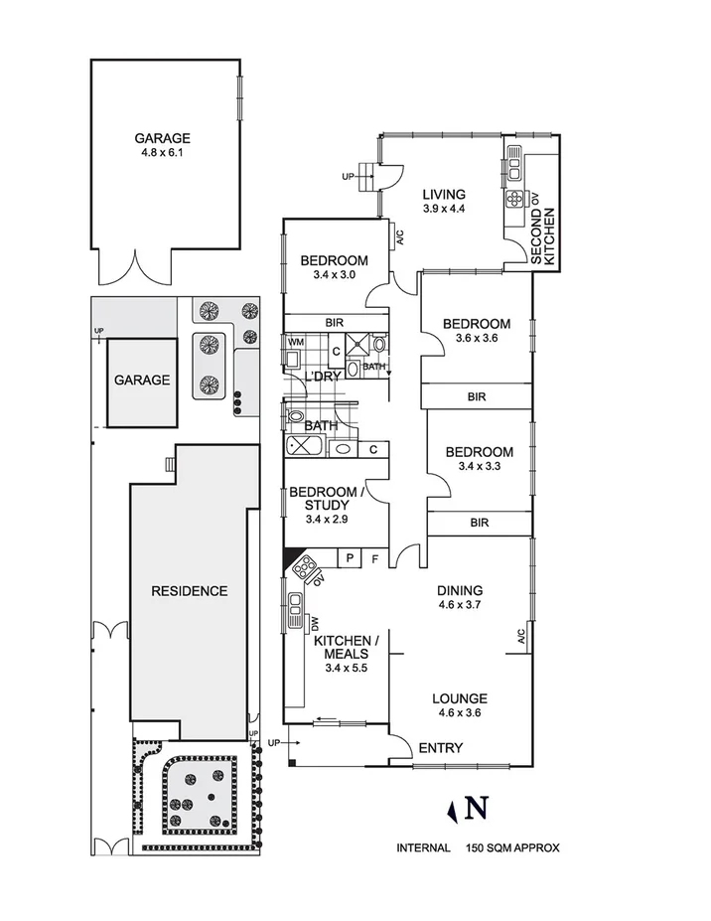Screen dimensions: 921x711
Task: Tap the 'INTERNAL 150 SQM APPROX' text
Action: tap(479, 847)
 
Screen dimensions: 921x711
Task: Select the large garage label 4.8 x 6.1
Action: tap(164, 146)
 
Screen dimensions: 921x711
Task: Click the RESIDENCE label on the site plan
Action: tap(189, 590)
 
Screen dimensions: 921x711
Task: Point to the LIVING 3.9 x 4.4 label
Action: tap(443, 201)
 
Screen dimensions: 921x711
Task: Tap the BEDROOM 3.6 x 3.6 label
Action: tap(477, 331)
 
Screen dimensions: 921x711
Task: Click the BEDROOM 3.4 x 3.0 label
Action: tap(334, 267)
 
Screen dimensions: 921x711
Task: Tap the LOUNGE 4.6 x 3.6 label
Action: tap(460, 704)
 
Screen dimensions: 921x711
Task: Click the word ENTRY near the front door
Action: tap(441, 747)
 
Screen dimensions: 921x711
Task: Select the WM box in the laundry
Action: tap(295, 342)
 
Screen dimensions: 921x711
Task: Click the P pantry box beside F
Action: tap(350, 559)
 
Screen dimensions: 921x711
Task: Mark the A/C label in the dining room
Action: tap(520, 637)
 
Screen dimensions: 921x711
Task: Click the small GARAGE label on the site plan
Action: tap(141, 380)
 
